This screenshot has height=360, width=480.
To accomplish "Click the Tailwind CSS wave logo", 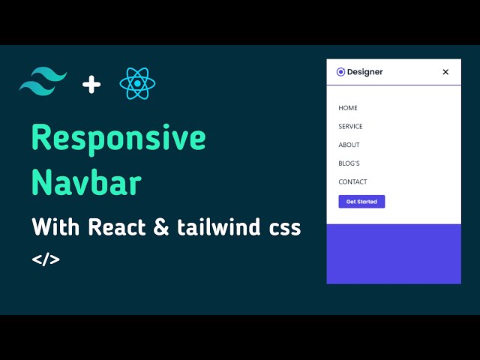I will click(x=43, y=82).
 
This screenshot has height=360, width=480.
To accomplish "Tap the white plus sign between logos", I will click(x=91, y=84).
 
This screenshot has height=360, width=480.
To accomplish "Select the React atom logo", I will click(x=137, y=83).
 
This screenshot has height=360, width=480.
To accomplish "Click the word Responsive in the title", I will click(x=118, y=139).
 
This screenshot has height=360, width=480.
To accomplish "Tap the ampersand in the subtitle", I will click(x=161, y=227).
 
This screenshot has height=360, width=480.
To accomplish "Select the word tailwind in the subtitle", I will click(x=219, y=227).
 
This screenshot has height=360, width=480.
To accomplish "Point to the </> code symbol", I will click(x=46, y=259).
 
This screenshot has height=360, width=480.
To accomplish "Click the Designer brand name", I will click(x=365, y=72).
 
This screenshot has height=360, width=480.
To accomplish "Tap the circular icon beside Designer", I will click(x=340, y=72).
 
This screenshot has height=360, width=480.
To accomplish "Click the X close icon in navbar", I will click(x=445, y=72).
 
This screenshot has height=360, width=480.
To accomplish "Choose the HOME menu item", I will click(x=348, y=108).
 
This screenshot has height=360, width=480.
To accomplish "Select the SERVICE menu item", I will click(x=350, y=127).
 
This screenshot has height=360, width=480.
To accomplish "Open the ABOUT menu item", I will click(x=349, y=145).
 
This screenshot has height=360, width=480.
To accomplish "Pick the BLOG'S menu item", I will click(x=349, y=163).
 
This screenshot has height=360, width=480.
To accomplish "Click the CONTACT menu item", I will click(x=352, y=181).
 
